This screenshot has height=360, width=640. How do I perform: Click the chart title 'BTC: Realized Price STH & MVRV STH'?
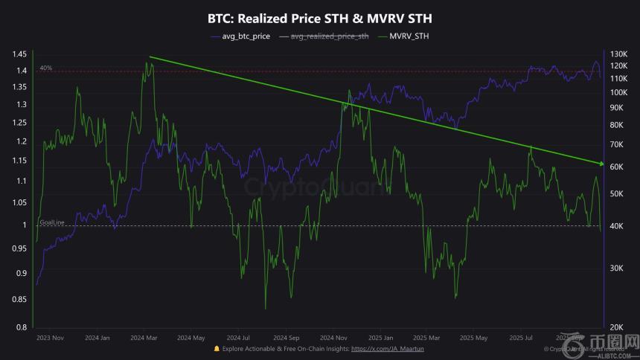(319, 16)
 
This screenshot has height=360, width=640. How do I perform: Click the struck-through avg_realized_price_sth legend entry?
(330, 36)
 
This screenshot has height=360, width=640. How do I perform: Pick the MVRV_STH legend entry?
(409, 36)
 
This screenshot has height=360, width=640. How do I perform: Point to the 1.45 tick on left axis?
(19, 54)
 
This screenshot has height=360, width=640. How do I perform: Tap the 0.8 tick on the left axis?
(22, 327)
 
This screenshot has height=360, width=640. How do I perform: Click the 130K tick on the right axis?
(618, 54)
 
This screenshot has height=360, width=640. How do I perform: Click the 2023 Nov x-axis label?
(51, 338)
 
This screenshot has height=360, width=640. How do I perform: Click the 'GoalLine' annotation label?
(52, 222)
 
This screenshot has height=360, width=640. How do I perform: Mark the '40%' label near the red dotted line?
(46, 68)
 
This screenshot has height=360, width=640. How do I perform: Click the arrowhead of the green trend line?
(600, 162)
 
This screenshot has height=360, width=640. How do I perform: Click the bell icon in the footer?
(217, 348)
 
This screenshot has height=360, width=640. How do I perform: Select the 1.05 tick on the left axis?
(19, 203)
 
